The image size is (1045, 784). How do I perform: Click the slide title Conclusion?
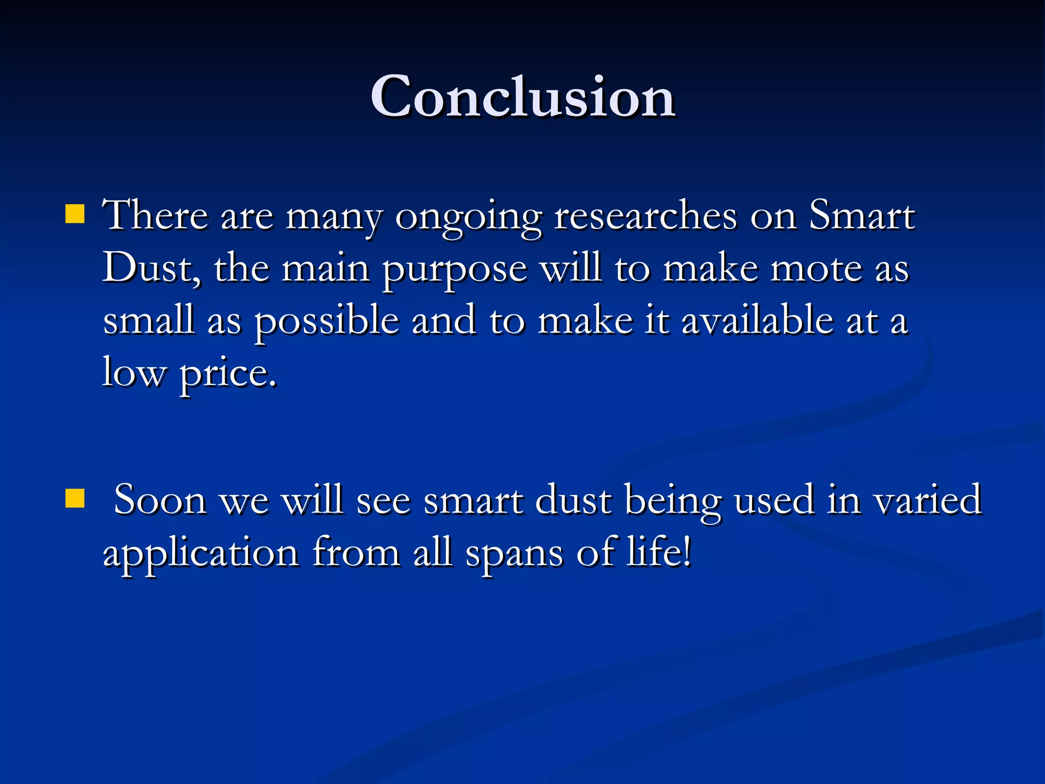[522, 97]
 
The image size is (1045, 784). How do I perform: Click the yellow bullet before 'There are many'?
[75, 215]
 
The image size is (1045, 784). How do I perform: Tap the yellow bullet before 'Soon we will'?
[75, 499]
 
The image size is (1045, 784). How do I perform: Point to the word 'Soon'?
[160, 500]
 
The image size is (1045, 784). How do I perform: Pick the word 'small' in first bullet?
[148, 321]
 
